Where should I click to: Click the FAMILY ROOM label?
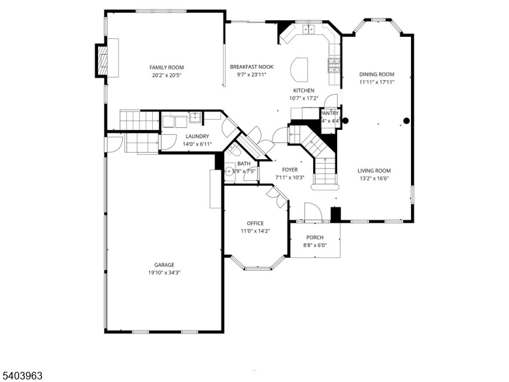[166, 67]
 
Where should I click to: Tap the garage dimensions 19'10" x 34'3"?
[164, 272]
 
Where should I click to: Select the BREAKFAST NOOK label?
[248, 67]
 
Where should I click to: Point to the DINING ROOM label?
[376, 74]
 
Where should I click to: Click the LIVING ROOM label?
[373, 170]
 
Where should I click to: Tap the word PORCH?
[315, 237]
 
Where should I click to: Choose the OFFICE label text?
[255, 223]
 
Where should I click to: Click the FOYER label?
[289, 170]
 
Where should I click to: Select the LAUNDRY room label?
[197, 136]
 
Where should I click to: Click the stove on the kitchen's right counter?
[333, 64]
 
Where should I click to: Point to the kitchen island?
[299, 68]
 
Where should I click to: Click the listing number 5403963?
[23, 376]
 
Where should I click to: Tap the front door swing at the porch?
[312, 212]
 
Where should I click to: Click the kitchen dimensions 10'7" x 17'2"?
[303, 98]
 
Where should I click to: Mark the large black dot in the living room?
[407, 120]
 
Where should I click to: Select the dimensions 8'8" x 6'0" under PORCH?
[315, 245]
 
